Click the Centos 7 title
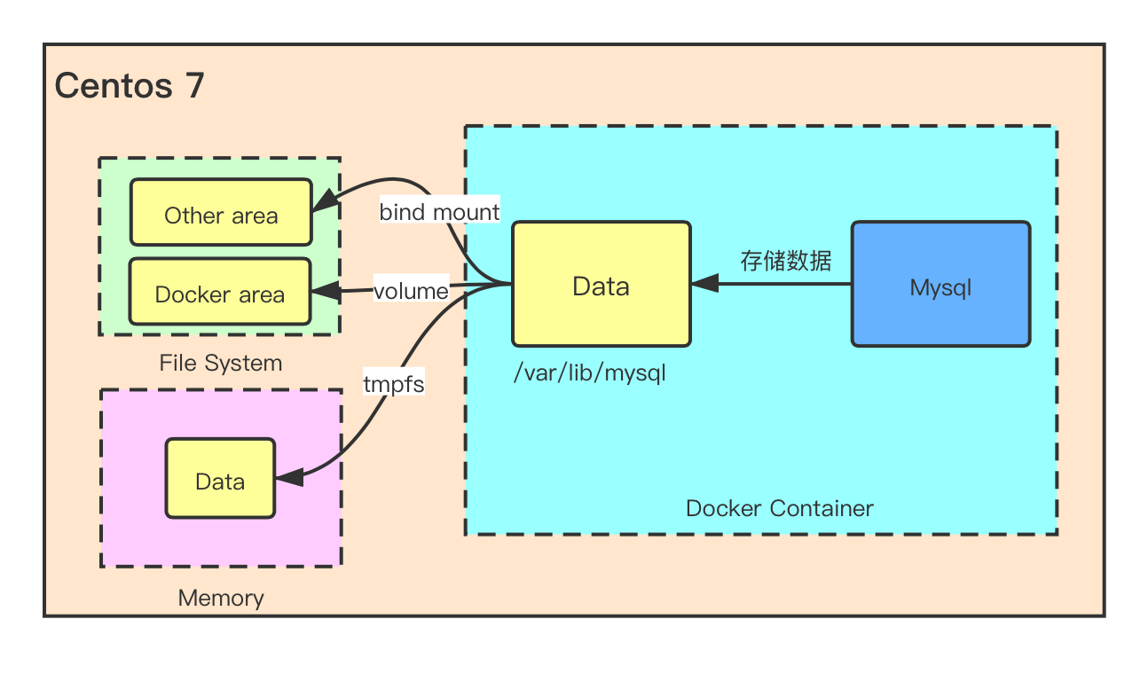(130, 86)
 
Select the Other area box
(221, 213)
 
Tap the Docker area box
(220, 292)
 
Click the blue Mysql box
(940, 284)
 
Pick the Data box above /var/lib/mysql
(601, 284)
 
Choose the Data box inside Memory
(220, 479)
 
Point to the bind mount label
(439, 212)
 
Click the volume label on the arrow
(411, 291)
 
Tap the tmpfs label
(394, 384)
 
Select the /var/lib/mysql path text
(589, 373)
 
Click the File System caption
(221, 363)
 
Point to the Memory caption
(221, 598)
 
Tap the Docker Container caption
(779, 508)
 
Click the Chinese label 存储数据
(786, 261)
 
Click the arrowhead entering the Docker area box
(321, 291)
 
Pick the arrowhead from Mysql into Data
(704, 284)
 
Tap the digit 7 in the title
(194, 86)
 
